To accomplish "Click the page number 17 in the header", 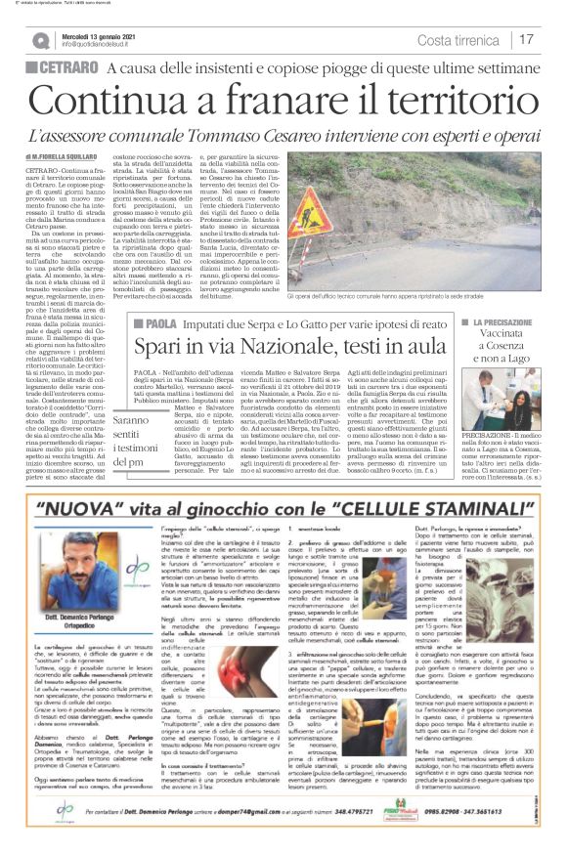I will (526, 40).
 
